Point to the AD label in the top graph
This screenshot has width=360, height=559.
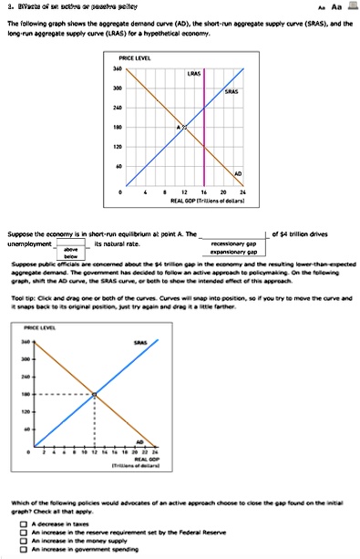(238, 174)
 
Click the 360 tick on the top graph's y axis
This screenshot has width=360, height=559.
(117, 68)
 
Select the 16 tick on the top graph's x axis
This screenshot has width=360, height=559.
(204, 193)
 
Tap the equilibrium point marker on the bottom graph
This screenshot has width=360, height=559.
(95, 394)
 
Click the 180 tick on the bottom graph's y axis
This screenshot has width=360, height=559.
(26, 394)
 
